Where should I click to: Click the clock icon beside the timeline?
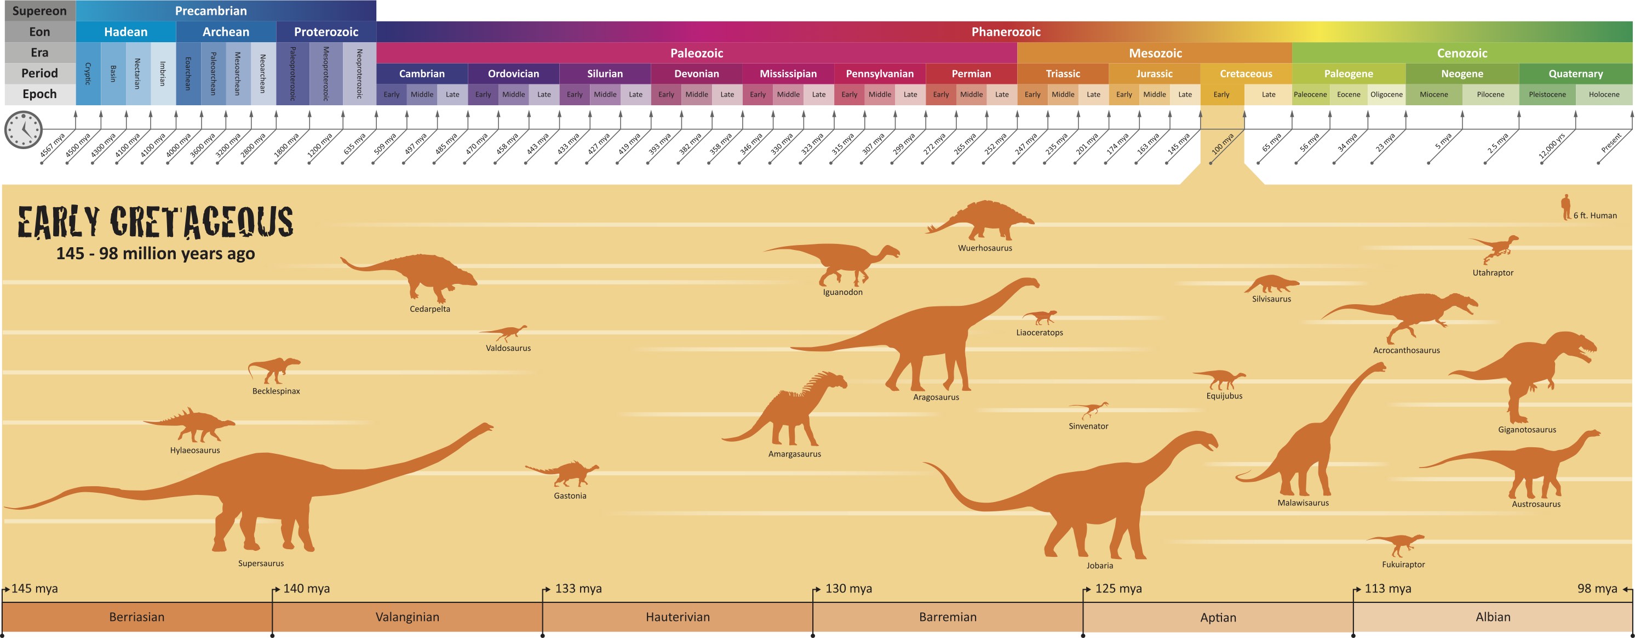click(24, 129)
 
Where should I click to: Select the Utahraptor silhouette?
click(1495, 248)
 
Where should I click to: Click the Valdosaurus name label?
click(508, 348)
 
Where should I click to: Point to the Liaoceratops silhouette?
click(1040, 317)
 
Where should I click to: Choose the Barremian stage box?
click(948, 617)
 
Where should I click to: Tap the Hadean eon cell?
click(125, 32)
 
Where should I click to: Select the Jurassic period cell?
click(1154, 73)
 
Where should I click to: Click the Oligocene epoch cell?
click(1386, 95)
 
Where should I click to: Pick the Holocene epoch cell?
click(1603, 95)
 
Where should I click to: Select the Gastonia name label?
click(569, 496)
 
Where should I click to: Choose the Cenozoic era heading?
click(1462, 53)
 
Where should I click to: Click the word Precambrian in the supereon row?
click(211, 11)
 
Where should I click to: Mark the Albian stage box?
click(1493, 617)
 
